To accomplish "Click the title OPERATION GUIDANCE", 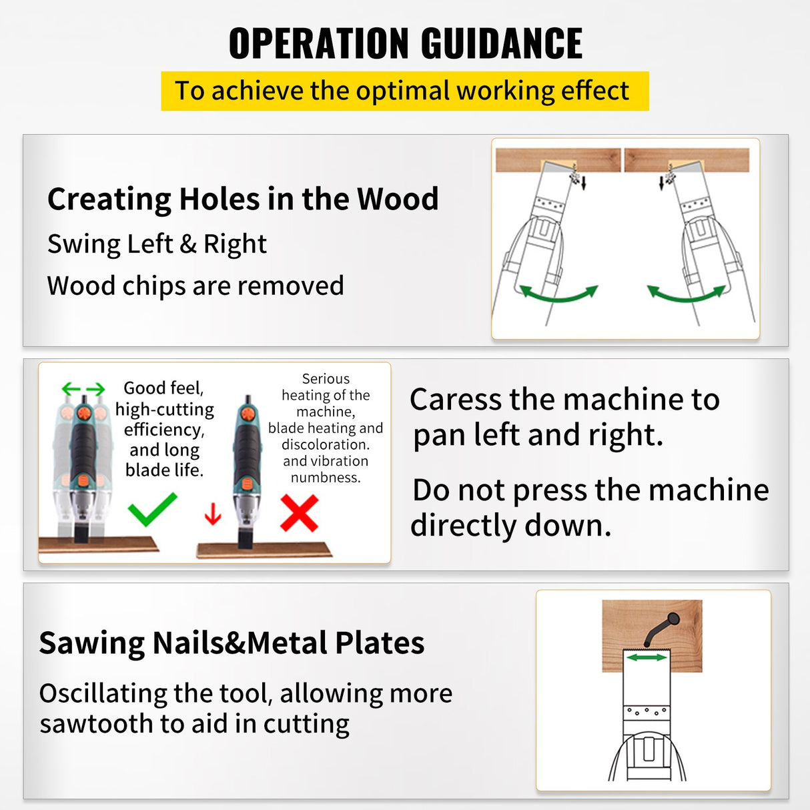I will point(405,44).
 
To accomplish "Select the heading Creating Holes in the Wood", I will point(243,199).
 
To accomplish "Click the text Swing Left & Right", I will point(157,244).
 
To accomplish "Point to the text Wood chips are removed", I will point(195,286).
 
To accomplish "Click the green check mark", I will point(152,510).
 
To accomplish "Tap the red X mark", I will point(299,512).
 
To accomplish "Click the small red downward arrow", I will point(213,514).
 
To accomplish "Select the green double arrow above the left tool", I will point(83,389).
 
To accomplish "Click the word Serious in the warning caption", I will point(326,378).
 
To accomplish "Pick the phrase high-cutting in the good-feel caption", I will point(165,409).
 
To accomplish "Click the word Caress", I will point(456,400).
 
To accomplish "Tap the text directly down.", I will point(510,526).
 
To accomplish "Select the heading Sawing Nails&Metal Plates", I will point(232,643).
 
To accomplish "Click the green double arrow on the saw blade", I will point(647,657).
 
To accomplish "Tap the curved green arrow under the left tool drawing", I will point(558,294).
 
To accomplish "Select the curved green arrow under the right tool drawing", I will point(687,294).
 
